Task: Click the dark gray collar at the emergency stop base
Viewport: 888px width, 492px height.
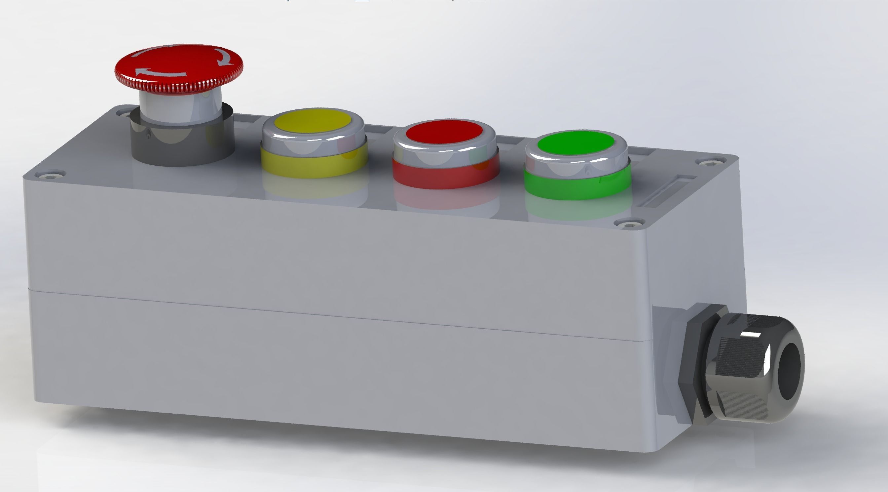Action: (182, 145)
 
